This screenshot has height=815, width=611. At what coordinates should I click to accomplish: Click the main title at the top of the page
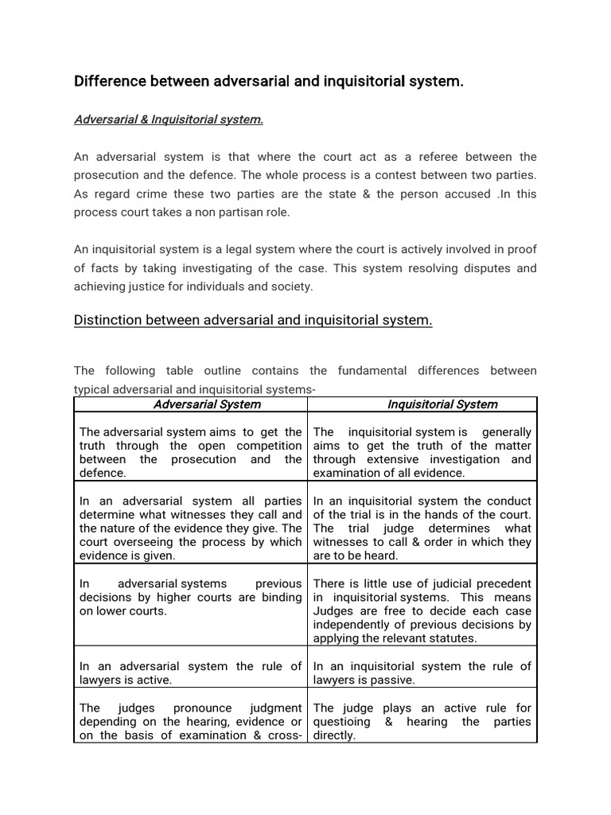[268, 81]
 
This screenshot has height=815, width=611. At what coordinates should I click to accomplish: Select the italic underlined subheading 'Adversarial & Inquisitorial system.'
[168, 119]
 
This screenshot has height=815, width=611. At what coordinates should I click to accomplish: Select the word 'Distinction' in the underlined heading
[107, 320]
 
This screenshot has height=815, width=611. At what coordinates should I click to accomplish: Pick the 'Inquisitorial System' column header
[442, 404]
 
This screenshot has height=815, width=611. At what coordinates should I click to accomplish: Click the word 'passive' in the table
[391, 680]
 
